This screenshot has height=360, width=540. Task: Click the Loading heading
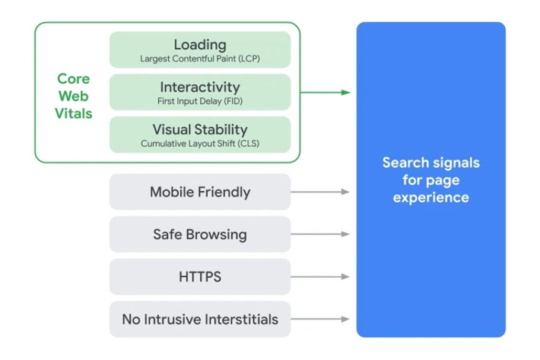point(200,45)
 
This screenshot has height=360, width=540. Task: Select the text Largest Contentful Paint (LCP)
point(200,59)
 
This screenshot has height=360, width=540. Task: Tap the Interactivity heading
point(200,87)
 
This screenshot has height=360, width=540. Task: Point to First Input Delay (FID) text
point(200,101)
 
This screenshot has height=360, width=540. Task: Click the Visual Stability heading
point(200,129)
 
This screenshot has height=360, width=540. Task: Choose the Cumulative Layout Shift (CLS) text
point(200,144)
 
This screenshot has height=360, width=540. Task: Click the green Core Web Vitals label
point(73,96)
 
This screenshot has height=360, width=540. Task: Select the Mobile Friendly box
point(200,192)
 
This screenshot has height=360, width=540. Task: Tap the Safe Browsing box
point(200,234)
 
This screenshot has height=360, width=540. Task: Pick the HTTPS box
point(200,277)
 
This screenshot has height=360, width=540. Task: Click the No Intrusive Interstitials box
point(200,319)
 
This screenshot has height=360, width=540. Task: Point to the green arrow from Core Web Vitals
point(325,92)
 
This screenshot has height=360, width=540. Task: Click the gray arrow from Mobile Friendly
point(320,192)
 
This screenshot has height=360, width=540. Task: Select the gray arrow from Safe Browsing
point(320,234)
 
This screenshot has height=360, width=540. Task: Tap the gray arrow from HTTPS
point(320,277)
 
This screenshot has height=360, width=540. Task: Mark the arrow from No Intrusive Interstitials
point(320,319)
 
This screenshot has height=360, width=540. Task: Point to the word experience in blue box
point(431,198)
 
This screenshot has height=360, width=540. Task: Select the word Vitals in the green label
point(73,113)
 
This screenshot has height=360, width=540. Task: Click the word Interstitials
point(241,319)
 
